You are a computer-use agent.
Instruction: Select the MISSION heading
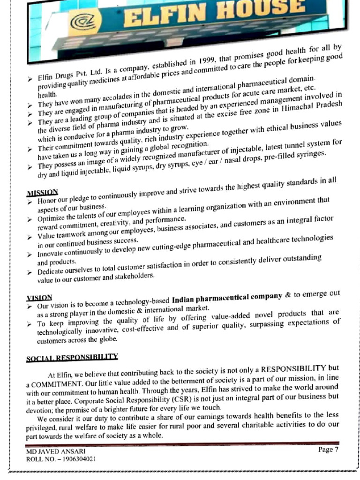click(x=42, y=192)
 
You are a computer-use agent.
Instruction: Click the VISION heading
click(x=39, y=297)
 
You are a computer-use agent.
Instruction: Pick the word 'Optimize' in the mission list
click(x=51, y=219)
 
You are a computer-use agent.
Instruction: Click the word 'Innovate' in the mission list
click(x=51, y=253)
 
